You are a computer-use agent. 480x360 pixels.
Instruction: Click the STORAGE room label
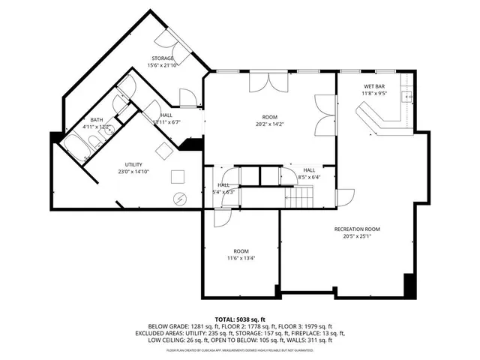(x=163, y=58)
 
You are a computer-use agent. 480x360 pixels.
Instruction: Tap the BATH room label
(x=97, y=120)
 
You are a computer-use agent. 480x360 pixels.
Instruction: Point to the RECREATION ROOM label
(x=357, y=229)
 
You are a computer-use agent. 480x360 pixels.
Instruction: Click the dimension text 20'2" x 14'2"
(x=269, y=124)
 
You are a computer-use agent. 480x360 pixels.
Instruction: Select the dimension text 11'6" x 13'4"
(x=241, y=258)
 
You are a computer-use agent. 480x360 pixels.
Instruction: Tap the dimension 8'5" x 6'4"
(x=309, y=178)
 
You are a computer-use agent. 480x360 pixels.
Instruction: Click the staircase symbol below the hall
(x=300, y=198)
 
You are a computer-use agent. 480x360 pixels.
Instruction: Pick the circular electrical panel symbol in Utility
(x=181, y=199)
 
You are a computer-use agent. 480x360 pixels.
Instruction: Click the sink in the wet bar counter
(x=406, y=96)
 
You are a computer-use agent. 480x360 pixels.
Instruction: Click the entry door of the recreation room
(x=344, y=199)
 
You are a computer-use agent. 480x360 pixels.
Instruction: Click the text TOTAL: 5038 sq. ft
(x=239, y=319)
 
